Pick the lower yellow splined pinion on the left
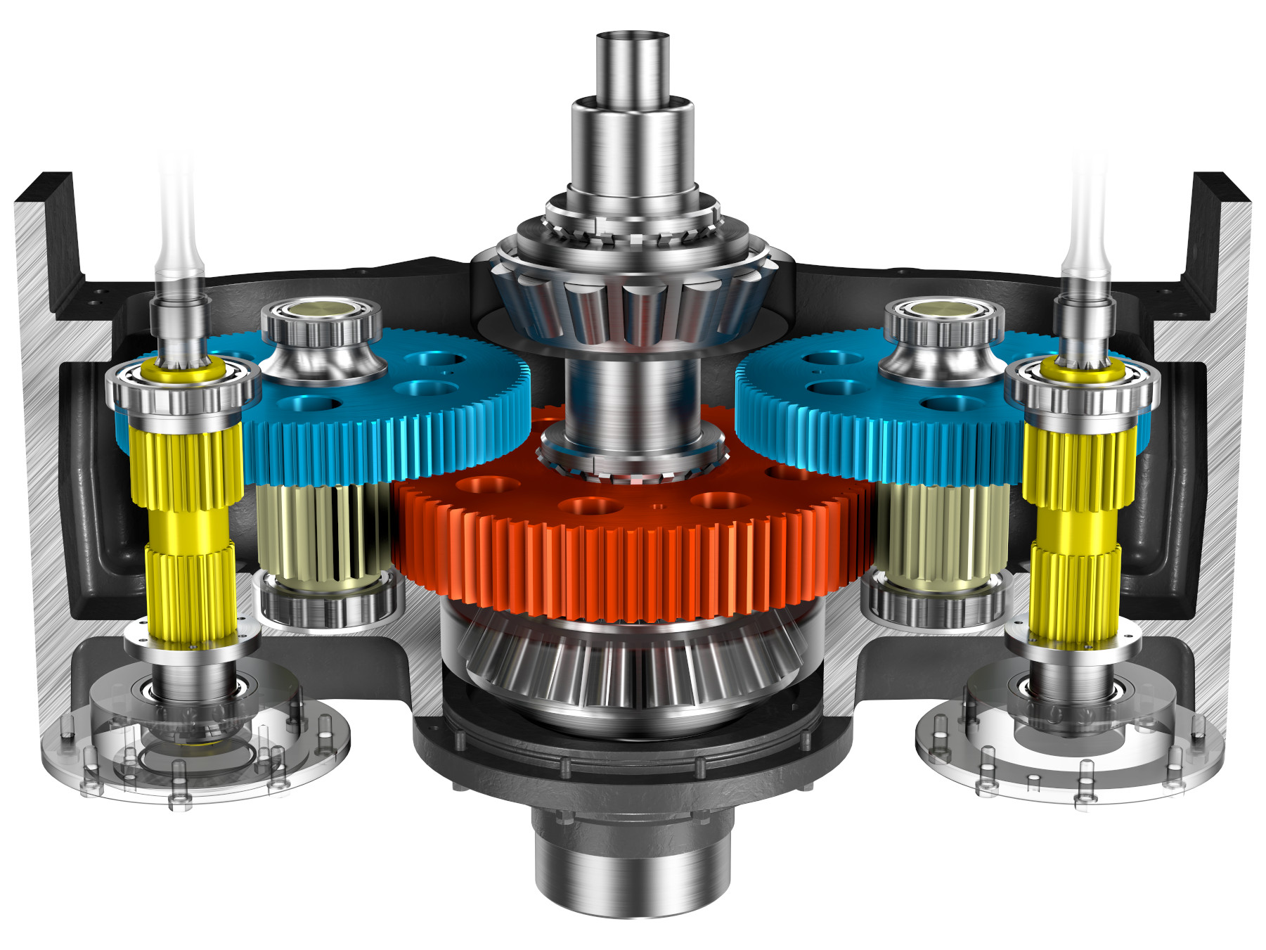point(190,591)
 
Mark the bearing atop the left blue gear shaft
point(321,323)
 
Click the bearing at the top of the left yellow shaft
point(183,387)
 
